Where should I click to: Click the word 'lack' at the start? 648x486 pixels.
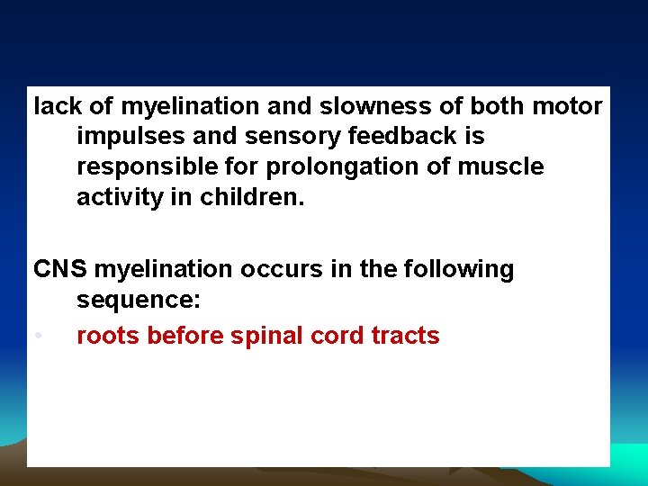tap(58, 106)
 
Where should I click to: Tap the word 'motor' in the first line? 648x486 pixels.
tap(568, 106)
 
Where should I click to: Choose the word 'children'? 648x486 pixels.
tap(250, 197)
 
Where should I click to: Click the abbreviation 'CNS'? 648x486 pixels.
tap(60, 269)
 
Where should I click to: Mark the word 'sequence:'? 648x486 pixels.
tap(137, 299)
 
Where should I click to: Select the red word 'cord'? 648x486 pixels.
tap(337, 337)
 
